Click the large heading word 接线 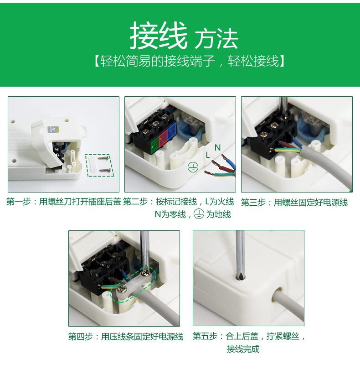pyautogui.click(x=159, y=36)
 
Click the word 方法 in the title pyautogui.click(x=216, y=39)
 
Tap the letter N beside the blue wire pyautogui.click(x=217, y=148)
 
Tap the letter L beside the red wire pyautogui.click(x=208, y=155)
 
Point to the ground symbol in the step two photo pyautogui.click(x=193, y=167)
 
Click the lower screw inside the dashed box pyautogui.click(x=105, y=170)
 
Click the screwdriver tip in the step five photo pyautogui.click(x=240, y=277)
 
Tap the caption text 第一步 pyautogui.click(x=19, y=202)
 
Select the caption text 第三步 pyautogui.click(x=253, y=203)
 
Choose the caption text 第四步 pyautogui.click(x=81, y=336)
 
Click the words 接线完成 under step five pyautogui.click(x=243, y=349)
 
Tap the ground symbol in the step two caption pyautogui.click(x=199, y=214)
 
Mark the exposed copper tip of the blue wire pyautogui.click(x=224, y=156)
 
